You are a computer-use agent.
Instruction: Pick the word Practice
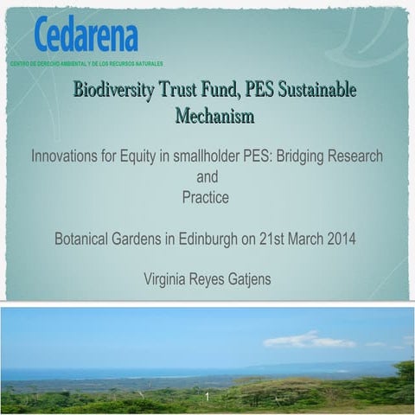click(x=206, y=197)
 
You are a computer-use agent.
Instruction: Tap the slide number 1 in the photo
click(x=207, y=397)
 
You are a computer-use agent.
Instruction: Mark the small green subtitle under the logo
click(x=86, y=64)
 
